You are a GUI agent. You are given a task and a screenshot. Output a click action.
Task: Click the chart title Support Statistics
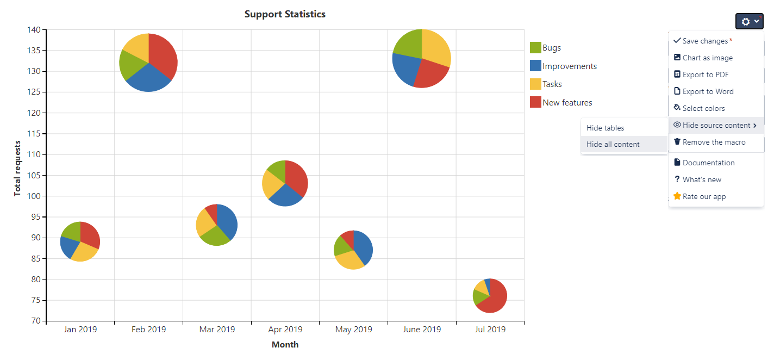pos(285,14)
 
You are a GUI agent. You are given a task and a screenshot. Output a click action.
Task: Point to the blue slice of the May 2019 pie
pos(363,248)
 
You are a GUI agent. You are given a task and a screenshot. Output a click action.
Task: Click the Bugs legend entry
pos(551,48)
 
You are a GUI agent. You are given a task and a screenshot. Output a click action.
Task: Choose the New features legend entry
pos(567,103)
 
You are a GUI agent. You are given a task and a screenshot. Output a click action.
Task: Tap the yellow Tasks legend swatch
pos(535,84)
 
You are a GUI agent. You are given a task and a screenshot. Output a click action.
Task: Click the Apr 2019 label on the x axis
pos(285,330)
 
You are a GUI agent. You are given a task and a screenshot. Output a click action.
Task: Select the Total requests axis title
pos(17,168)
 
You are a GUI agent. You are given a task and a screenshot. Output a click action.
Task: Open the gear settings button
pos(749,21)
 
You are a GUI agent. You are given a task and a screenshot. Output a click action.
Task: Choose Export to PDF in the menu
pos(705,75)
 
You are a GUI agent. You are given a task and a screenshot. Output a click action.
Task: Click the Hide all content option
pos(613,145)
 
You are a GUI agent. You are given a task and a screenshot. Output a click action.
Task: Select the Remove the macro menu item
pos(714,142)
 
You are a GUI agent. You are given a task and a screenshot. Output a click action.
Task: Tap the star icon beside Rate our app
pos(677,196)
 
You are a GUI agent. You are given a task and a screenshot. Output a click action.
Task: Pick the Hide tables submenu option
pos(605,128)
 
